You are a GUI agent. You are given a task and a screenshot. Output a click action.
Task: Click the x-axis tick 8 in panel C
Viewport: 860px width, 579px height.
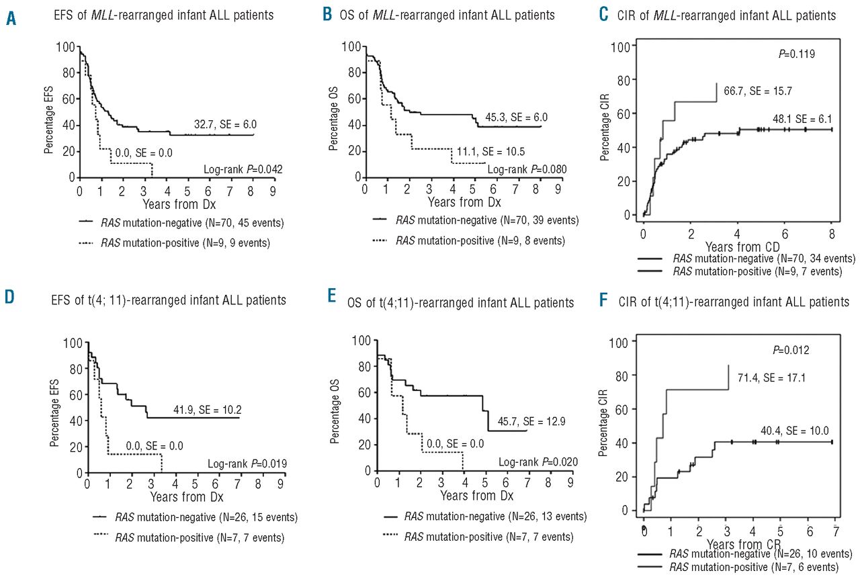[x=832, y=232]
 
